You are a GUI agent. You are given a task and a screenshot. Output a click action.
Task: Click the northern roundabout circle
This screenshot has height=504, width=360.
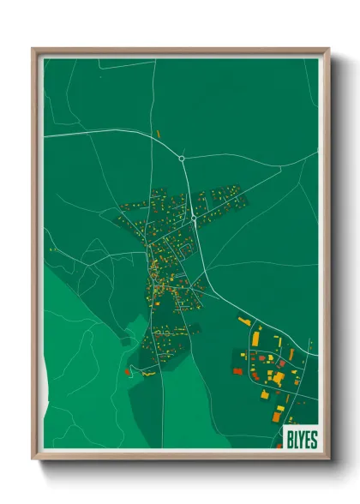(182, 158)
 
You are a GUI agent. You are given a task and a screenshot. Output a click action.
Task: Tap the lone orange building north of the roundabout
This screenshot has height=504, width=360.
(159, 134)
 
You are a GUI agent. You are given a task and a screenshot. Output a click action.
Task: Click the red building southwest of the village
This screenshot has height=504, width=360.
(128, 371)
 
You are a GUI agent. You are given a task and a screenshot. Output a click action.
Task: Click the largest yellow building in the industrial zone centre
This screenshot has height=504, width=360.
(278, 376)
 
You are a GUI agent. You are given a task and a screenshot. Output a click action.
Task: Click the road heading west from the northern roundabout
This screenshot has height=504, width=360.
(111, 133)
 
